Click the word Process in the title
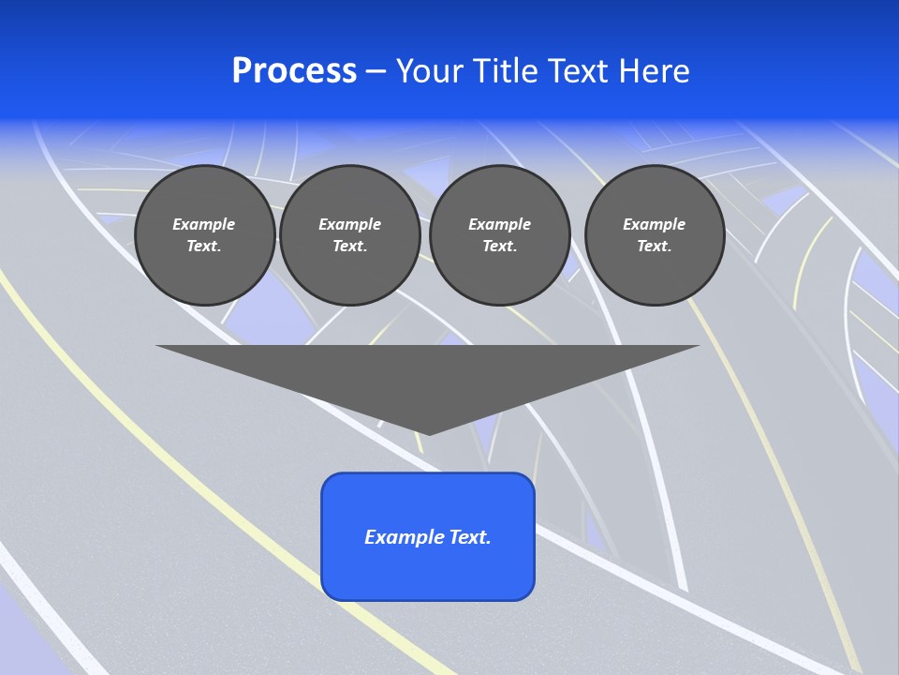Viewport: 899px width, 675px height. pyautogui.click(x=294, y=71)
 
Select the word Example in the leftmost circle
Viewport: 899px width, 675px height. pyautogui.click(x=204, y=224)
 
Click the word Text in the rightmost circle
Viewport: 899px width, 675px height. pyautogui.click(x=654, y=246)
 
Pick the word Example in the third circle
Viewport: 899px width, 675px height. pyautogui.click(x=499, y=224)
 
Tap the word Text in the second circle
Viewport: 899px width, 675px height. pyautogui.click(x=349, y=246)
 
